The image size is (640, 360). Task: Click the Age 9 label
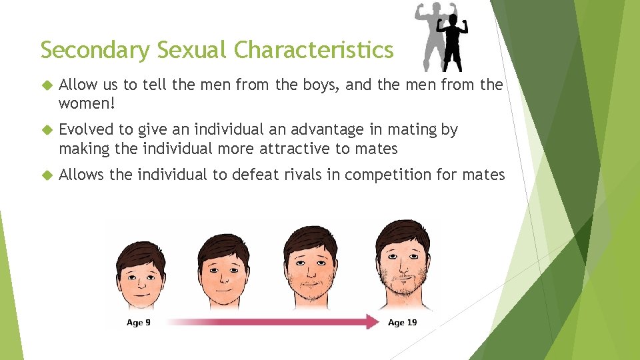139,323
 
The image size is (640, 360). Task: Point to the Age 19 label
402,323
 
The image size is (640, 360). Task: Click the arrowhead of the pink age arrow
371,323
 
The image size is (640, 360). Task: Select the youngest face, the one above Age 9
141,273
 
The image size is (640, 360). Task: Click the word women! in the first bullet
87,103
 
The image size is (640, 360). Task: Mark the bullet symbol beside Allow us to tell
46,85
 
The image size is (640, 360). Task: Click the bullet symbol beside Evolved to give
46,130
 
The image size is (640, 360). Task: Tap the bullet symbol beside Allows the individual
46,175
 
